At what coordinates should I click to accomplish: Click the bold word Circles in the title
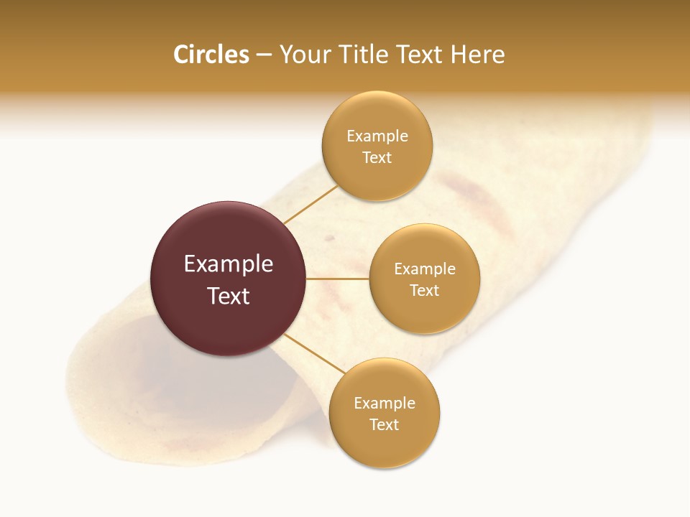[211, 55]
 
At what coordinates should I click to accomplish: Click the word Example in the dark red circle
[229, 264]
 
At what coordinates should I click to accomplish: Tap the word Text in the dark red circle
[229, 296]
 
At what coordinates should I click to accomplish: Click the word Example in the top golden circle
[377, 136]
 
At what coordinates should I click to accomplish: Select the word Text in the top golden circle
[377, 157]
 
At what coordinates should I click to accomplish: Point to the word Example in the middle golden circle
[425, 269]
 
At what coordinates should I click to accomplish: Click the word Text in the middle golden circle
[425, 290]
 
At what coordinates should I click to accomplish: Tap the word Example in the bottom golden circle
[385, 403]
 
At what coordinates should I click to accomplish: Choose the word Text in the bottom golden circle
[385, 424]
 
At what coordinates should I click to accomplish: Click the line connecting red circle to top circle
[310, 205]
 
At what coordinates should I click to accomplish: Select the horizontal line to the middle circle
[338, 279]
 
